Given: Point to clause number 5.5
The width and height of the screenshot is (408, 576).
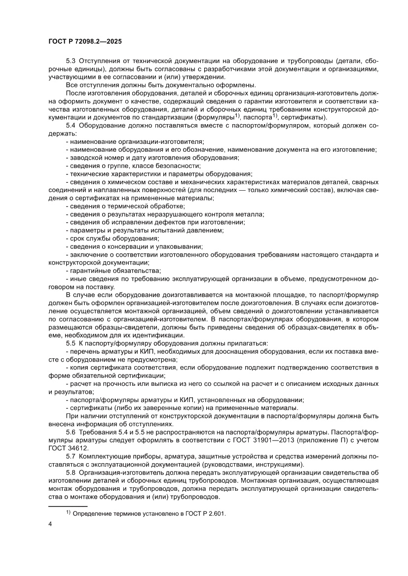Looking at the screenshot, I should coord(71,342).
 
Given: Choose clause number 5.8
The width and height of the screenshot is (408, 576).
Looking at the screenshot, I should coord(71,472).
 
